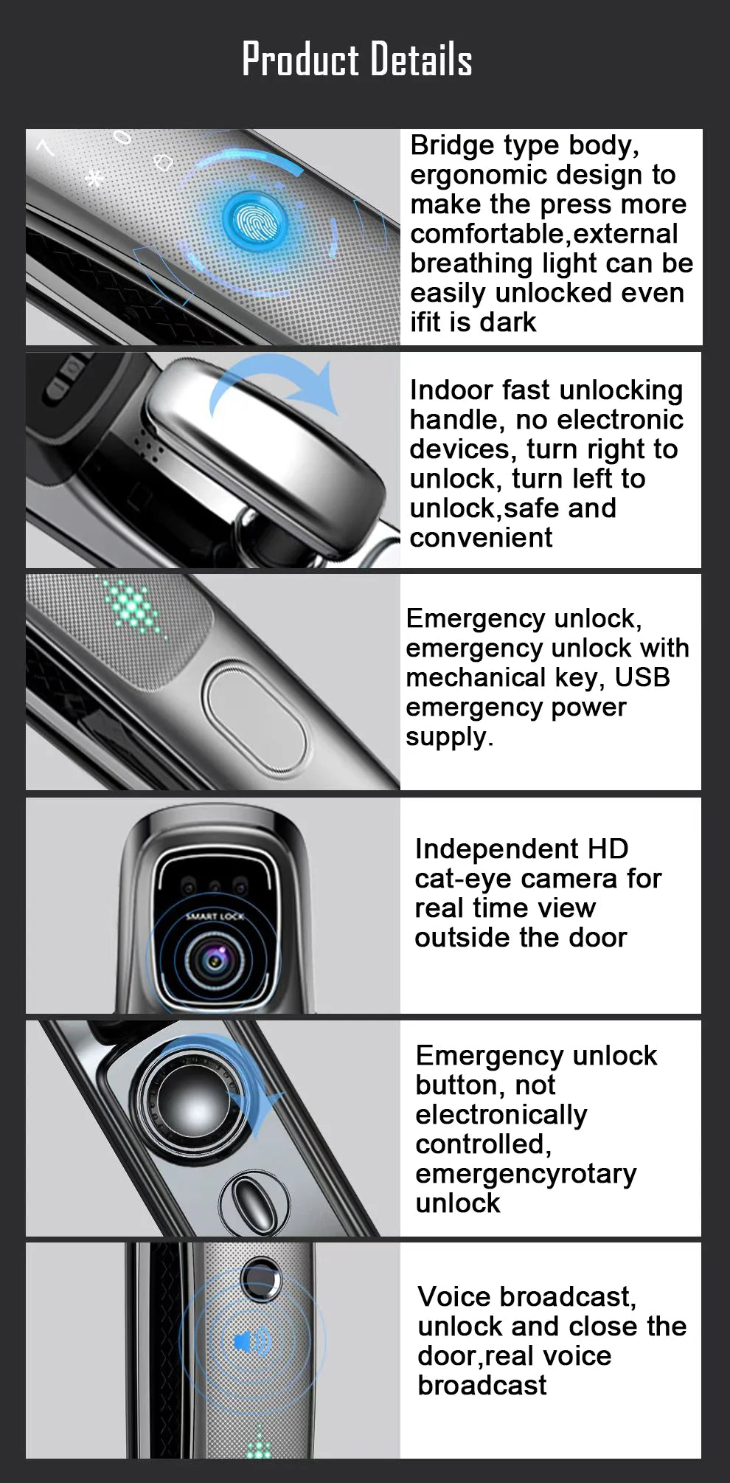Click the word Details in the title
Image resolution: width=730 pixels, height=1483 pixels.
point(420,59)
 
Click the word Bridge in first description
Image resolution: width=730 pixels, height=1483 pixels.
point(448,145)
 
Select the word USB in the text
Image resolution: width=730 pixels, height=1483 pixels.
point(642,677)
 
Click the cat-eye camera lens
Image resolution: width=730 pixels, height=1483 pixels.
point(215,960)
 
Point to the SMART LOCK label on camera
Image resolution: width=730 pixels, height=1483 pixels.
point(215,916)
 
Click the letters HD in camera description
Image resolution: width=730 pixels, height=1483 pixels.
point(608,848)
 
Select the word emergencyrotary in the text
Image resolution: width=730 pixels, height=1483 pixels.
point(525,1173)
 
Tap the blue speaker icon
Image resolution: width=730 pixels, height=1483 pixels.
point(251,1341)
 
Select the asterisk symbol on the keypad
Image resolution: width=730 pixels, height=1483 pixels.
point(94,178)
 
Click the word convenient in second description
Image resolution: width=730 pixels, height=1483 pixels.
point(480,538)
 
